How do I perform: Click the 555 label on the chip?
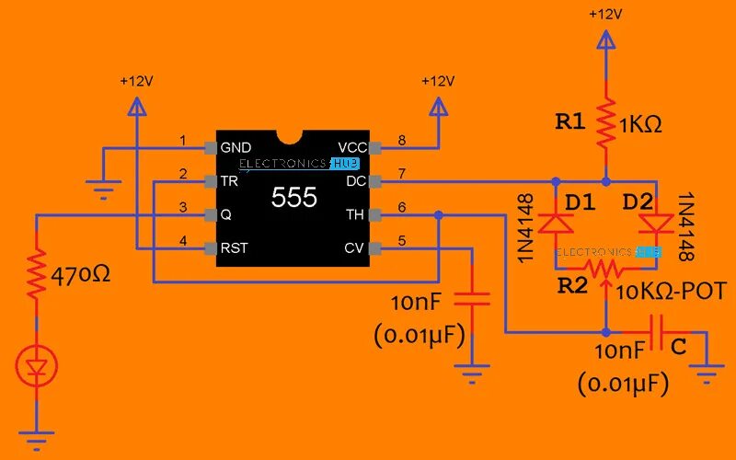point(293,198)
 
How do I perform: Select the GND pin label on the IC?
point(236,147)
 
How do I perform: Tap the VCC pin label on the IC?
point(352,147)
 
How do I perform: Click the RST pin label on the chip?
point(235,248)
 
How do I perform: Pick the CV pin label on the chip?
point(355,248)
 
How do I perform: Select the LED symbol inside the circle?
point(37,368)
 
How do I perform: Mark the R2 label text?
point(571,286)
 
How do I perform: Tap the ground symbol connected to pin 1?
point(103,190)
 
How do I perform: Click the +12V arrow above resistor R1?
point(605,40)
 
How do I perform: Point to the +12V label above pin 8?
point(438,81)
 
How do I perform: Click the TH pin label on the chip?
point(355,214)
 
